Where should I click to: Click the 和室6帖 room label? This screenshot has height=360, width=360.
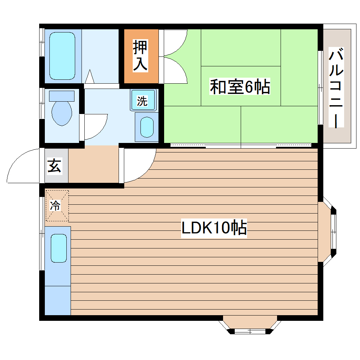[x=240, y=87]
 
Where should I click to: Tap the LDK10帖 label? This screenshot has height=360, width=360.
[x=214, y=228]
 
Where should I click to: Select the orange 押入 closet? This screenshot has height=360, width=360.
[x=141, y=56]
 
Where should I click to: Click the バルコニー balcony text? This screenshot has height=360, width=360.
[x=336, y=88]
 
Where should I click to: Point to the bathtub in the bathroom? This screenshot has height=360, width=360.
[x=62, y=56]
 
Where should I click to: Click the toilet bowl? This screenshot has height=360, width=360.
[x=62, y=114]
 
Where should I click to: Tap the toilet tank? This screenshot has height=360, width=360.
[x=62, y=96]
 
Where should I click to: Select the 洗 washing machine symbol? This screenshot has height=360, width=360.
[x=142, y=101]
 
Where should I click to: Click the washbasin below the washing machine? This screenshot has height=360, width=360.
[x=146, y=127]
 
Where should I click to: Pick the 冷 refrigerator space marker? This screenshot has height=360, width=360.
[x=56, y=206]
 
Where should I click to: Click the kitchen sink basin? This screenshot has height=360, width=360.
[x=59, y=248]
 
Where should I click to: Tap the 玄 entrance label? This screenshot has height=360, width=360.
[x=54, y=166]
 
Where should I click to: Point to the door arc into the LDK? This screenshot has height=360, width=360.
[x=139, y=165]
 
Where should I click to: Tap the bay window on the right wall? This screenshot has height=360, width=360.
[x=330, y=231]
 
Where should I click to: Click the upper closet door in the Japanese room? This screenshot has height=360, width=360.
[x=175, y=42]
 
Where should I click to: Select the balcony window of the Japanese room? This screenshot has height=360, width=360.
[x=320, y=88]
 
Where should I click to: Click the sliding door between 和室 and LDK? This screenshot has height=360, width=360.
[x=241, y=145]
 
